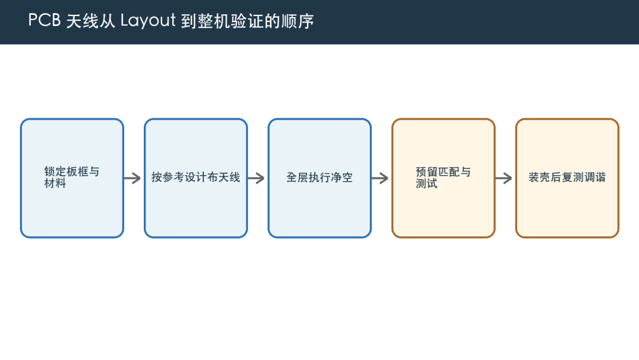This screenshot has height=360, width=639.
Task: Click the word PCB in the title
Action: pos(44,20)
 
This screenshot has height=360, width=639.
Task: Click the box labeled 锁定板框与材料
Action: pos(72,178)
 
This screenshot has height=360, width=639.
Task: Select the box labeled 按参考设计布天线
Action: pos(196,178)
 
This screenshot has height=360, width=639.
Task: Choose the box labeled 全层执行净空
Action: pos(319,178)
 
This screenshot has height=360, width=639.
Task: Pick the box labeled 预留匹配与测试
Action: pos(443,178)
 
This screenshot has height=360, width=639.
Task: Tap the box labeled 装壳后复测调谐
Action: pos(567,178)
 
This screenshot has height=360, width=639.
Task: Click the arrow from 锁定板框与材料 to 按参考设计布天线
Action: pos(133,178)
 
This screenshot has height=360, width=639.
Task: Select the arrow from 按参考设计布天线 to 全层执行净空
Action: pos(256,178)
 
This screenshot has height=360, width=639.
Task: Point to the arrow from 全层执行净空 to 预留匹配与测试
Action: pos(380,178)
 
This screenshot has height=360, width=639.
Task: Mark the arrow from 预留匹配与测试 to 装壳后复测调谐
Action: pos(504,178)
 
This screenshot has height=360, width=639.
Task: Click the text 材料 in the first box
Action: pos(55,184)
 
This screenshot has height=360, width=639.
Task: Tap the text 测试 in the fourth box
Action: pos(427,184)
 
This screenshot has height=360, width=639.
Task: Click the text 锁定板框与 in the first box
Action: pos(72,172)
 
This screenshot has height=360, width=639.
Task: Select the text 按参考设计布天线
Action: pos(196,178)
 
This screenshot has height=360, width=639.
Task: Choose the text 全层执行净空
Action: pos(319,178)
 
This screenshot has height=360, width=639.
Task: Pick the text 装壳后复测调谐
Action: pos(567,178)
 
